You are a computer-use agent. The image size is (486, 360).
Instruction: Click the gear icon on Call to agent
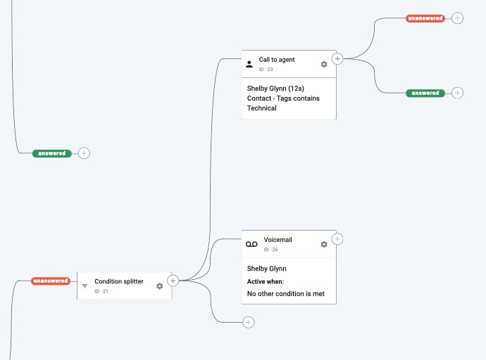(324, 64)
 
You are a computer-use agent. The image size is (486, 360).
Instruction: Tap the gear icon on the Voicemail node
(324, 244)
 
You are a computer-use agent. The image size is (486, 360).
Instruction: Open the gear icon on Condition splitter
(160, 286)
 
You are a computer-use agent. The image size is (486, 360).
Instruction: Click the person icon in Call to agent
(249, 64)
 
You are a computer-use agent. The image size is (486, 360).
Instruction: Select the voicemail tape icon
(251, 244)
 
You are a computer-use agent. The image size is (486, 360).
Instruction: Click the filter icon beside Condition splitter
(85, 286)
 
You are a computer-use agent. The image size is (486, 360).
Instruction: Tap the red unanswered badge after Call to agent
(425, 18)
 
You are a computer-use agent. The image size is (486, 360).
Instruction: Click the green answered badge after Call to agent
(425, 93)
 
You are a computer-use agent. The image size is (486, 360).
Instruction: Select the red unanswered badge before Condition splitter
(51, 281)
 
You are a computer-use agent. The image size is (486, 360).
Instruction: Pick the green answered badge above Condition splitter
(51, 153)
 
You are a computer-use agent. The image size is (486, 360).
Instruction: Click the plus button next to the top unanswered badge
(458, 18)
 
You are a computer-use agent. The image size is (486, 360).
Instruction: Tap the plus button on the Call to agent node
(337, 59)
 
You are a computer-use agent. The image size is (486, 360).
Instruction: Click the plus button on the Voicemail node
(337, 239)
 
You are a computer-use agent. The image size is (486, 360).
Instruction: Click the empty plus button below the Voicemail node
(248, 322)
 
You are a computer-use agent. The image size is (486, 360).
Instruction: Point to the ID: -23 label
(266, 70)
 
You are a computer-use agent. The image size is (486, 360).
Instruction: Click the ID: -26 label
(271, 250)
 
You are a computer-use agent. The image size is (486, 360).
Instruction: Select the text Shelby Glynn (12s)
(275, 89)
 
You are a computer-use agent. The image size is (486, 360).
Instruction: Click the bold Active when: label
(266, 281)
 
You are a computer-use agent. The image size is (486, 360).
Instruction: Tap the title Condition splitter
(119, 281)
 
